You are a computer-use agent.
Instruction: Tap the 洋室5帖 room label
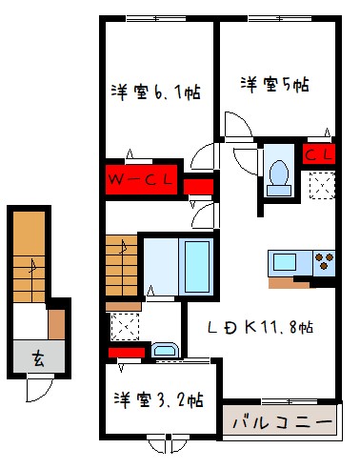tap(274, 83)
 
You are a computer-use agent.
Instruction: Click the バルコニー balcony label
tap(281, 419)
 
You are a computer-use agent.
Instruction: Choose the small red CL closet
tap(317, 153)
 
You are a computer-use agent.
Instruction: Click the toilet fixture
tap(279, 173)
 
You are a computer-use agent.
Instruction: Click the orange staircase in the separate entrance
tap(30, 251)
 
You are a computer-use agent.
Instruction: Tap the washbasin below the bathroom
tap(165, 350)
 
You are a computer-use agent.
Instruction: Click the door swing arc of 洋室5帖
tap(238, 126)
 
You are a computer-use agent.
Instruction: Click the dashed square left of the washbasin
tap(124, 327)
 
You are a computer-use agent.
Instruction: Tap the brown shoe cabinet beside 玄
tap(57, 324)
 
